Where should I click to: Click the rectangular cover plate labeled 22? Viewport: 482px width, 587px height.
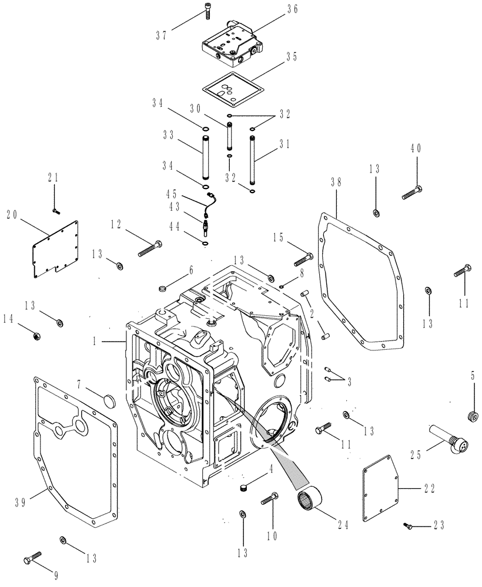click(381, 488)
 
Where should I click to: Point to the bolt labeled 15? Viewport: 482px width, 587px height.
click(301, 257)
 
